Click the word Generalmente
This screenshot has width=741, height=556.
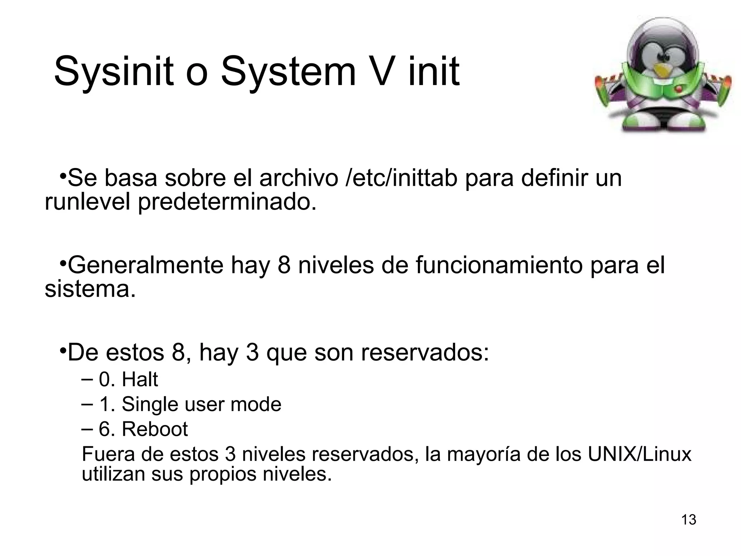coord(145,265)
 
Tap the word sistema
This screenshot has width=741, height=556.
coord(90,289)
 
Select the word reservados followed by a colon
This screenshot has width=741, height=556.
coord(425,353)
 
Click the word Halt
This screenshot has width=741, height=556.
coord(140,380)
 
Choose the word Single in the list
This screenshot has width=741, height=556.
coord(150,404)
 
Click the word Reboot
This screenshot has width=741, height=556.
coord(154,429)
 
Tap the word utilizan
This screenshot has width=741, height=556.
coord(113,474)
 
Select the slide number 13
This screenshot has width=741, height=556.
coord(689,520)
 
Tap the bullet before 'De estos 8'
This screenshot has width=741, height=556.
coord(63,351)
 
